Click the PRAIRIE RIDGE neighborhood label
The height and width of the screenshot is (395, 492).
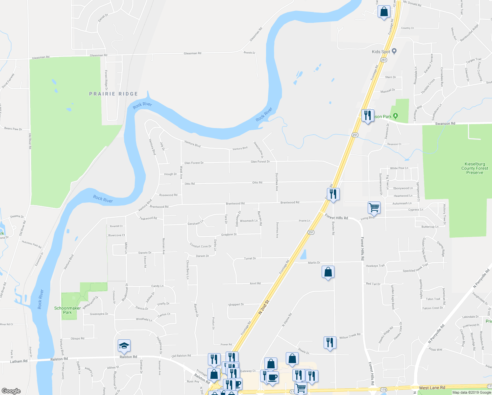113,94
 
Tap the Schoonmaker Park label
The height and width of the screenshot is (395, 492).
67,310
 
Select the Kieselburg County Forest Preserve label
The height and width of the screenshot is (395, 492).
475,168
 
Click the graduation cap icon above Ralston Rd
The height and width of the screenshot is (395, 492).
124,346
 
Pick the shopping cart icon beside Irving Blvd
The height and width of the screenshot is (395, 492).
374,208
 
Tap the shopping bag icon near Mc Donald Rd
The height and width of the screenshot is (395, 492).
384,12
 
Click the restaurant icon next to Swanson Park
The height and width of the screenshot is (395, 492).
367,116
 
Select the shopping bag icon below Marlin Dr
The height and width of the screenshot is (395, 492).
328,272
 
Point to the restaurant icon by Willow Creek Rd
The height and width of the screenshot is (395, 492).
330,343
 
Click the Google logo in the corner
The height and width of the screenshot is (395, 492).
11,391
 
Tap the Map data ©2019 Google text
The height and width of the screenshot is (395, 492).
472,392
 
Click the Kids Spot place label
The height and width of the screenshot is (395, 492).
381,52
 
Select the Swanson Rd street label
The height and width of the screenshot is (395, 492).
445,124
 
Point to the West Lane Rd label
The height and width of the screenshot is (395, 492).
432,388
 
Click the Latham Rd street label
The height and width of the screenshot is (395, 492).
19,361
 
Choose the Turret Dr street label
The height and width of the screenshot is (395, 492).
250,258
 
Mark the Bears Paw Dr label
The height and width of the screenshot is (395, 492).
13,129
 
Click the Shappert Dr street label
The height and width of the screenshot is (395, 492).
236,304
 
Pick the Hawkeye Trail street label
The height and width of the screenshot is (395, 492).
375,266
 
